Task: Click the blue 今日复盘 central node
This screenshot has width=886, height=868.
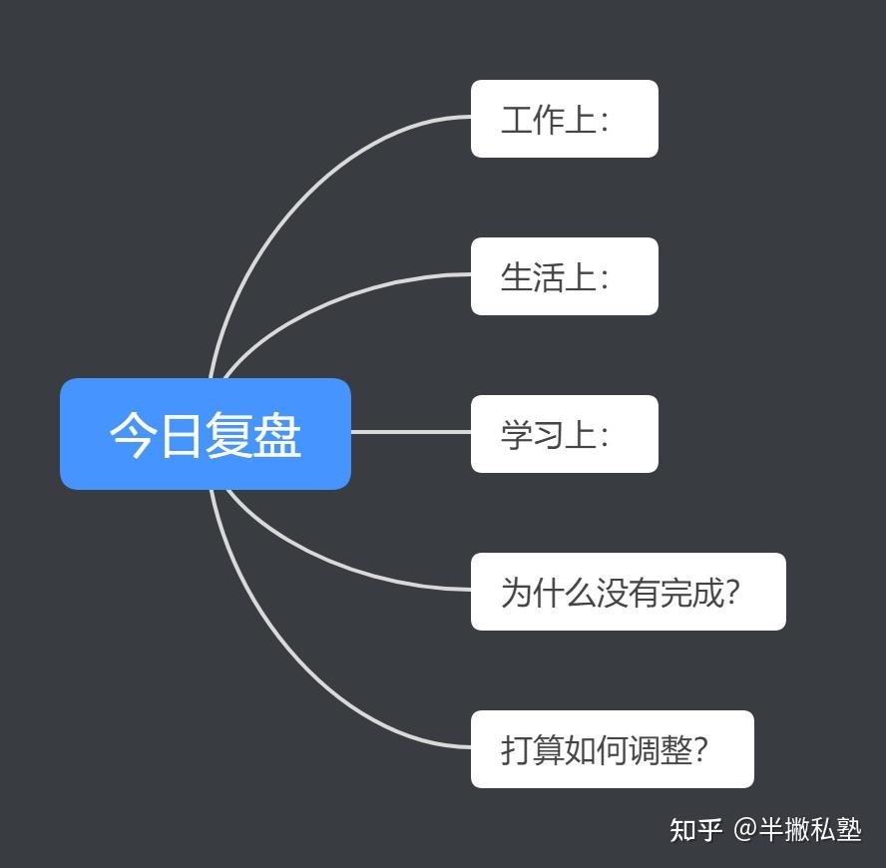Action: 206,434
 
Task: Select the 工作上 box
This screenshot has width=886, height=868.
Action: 565,119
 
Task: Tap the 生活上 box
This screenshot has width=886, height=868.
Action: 565,276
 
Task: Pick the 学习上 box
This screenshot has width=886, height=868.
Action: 565,434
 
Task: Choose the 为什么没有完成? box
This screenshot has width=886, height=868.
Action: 629,592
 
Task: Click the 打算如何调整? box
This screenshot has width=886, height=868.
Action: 613,749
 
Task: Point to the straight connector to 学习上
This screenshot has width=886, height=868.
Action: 411,432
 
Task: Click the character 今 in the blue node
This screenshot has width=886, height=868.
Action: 133,435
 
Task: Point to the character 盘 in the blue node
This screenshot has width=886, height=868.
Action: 277,435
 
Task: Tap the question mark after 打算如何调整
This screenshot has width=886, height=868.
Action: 700,750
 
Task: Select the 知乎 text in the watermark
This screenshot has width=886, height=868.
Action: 695,830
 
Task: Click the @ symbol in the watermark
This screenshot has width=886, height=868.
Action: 745,829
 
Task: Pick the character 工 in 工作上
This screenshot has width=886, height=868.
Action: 517,120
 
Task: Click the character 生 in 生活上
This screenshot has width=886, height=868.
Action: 517,277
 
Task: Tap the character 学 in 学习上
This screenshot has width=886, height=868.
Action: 517,435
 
